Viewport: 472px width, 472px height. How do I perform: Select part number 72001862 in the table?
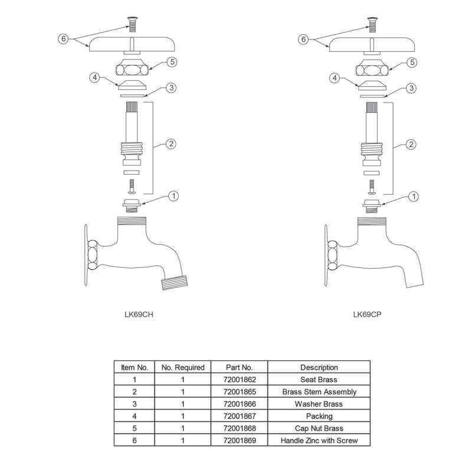231,379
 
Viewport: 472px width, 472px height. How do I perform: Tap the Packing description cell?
319,417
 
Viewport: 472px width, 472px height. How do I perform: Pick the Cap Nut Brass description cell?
319,428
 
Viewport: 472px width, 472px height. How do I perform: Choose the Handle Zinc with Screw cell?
319,441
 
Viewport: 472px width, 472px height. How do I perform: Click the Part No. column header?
231,367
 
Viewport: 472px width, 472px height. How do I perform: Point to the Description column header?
319,367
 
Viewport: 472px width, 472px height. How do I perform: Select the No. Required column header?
183,367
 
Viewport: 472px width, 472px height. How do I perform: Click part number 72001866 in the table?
231,404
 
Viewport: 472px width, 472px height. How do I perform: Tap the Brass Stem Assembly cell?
319,392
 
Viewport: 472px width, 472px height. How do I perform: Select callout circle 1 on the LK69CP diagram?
414,196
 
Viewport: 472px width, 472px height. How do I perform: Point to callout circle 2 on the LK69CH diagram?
171,143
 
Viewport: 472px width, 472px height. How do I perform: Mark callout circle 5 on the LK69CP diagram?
412,62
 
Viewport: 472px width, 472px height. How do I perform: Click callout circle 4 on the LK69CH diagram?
94,77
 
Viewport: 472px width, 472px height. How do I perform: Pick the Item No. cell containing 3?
134,404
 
